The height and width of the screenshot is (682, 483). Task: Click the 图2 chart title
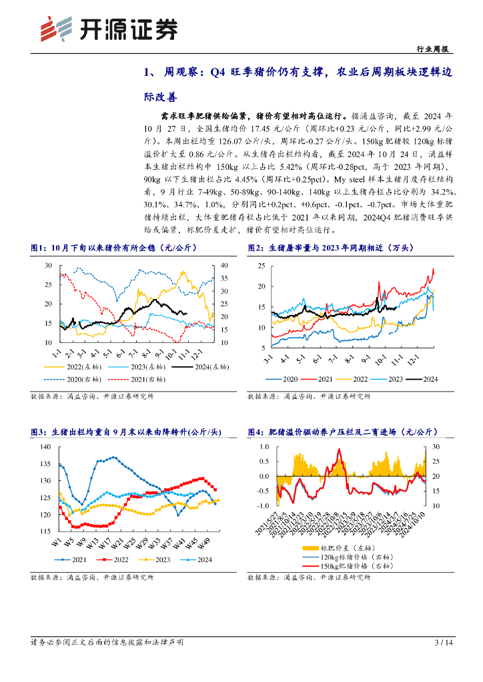pos(331,248)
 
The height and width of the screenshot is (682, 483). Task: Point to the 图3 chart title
pos(119,432)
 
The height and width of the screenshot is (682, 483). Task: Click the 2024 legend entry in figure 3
pos(200,559)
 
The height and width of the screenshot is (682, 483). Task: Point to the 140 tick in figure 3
pos(45,446)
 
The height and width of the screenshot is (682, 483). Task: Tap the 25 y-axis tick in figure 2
pos(262,266)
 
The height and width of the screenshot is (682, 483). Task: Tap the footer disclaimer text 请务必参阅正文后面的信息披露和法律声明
pos(107,643)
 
